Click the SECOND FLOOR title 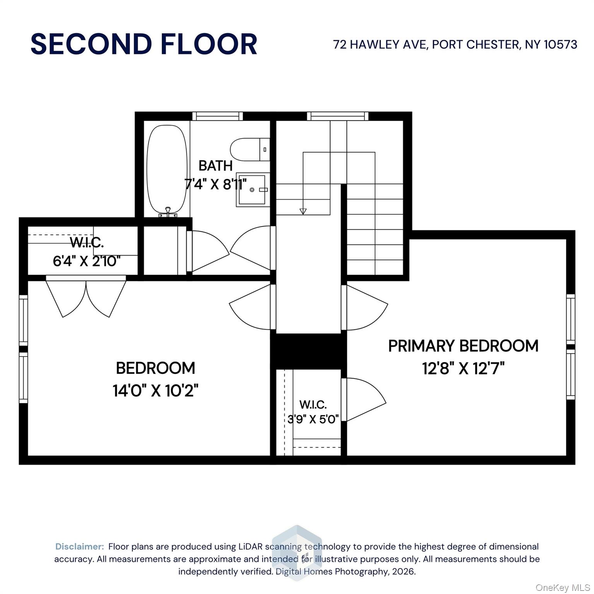143,44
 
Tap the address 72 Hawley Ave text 455,44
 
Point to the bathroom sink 253,189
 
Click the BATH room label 215,166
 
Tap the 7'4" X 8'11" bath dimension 215,184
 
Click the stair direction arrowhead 303,211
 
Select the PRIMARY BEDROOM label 463,346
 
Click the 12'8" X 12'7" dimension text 463,369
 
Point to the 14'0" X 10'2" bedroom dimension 155,391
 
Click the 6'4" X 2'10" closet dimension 87,261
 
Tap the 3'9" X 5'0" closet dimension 313,419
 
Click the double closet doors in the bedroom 86,297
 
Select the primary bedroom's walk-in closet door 364,399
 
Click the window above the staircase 338,116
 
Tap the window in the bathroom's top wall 217,116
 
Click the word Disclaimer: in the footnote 80,546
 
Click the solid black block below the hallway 308,351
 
